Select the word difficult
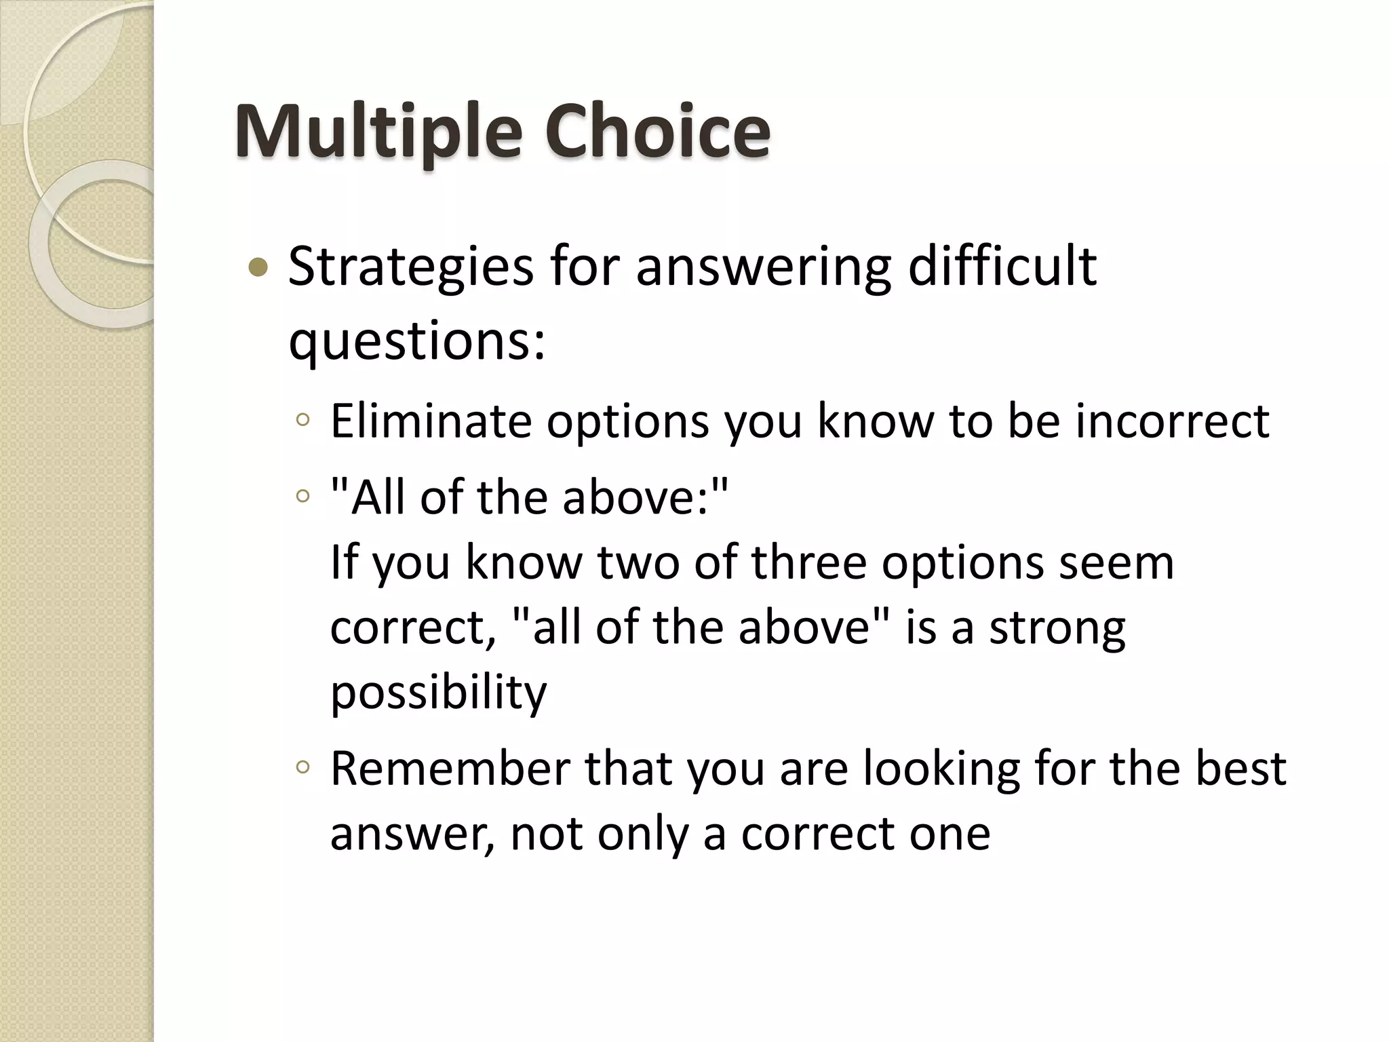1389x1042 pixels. click(x=1002, y=266)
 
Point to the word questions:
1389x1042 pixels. click(x=416, y=341)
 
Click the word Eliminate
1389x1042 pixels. click(x=431, y=421)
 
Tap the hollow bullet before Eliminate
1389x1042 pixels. click(x=303, y=421)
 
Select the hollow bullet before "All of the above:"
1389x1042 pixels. click(x=303, y=497)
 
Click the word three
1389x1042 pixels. click(x=808, y=562)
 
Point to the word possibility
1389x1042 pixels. click(x=438, y=694)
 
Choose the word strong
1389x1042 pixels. click(x=1057, y=629)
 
